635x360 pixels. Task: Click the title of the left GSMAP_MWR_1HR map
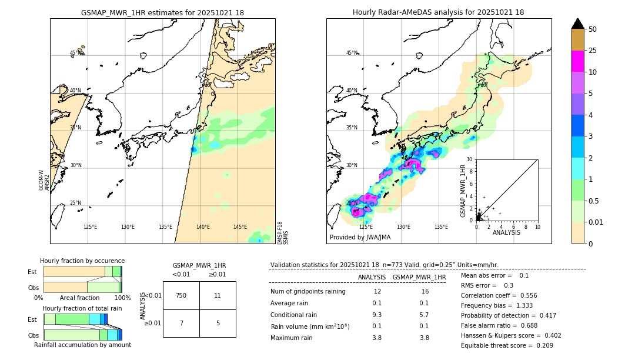[162, 12]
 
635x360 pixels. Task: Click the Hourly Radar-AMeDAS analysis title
[438, 12]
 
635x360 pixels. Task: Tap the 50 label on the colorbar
[593, 29]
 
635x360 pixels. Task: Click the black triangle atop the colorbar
[578, 24]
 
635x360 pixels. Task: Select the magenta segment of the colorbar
[578, 61]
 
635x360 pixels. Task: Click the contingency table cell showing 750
[181, 295]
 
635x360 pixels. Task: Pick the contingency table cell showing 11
[218, 295]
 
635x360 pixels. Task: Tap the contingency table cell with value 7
[181, 323]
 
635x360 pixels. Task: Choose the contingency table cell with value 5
[218, 323]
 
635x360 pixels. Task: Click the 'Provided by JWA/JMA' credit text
[360, 238]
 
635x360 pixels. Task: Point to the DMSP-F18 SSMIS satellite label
[283, 232]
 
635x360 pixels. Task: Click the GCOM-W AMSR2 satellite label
[44, 180]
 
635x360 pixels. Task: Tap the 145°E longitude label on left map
[240, 227]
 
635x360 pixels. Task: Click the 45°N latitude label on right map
[351, 53]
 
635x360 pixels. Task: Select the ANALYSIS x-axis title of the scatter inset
[506, 232]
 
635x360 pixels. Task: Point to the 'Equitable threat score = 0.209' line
[507, 345]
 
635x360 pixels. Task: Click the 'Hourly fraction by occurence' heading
[82, 261]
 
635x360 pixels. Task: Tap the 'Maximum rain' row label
[291, 338]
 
